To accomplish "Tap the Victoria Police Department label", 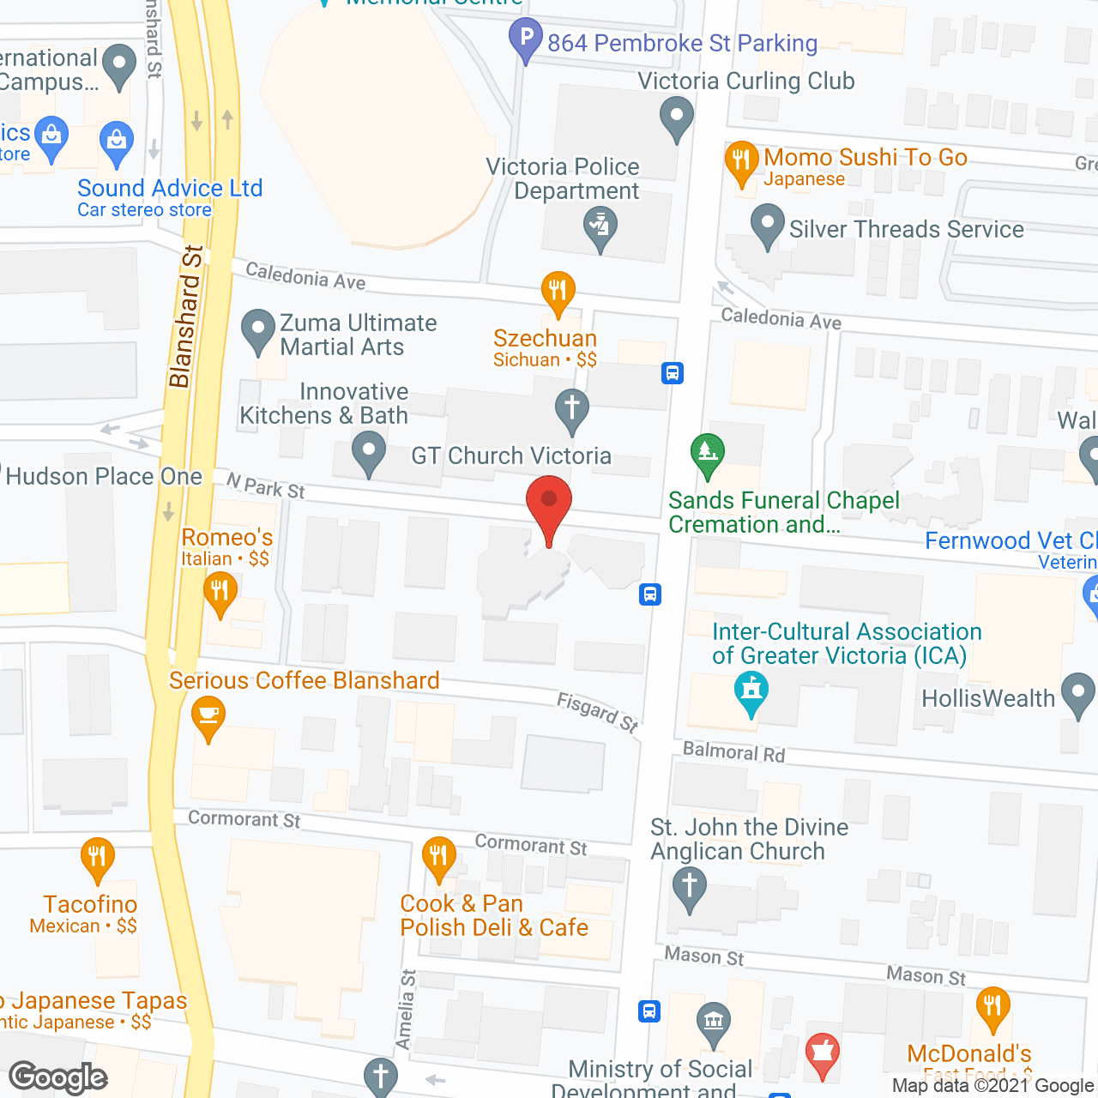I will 563,178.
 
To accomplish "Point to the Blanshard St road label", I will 185,317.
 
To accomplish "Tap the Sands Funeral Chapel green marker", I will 707,455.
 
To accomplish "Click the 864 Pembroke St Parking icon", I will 526,39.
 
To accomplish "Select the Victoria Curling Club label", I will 746,81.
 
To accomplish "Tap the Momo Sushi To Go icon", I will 741,162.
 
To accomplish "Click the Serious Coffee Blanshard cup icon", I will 208,716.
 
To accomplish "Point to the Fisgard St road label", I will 598,713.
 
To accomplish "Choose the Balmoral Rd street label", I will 733,752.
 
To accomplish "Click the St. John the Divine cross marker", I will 689,888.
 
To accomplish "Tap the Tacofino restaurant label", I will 90,905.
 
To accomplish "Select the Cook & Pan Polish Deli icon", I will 438,858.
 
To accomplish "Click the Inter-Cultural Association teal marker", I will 751,692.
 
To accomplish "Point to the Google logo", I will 58,1078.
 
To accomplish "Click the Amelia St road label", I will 407,1010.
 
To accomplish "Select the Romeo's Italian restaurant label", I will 227,538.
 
